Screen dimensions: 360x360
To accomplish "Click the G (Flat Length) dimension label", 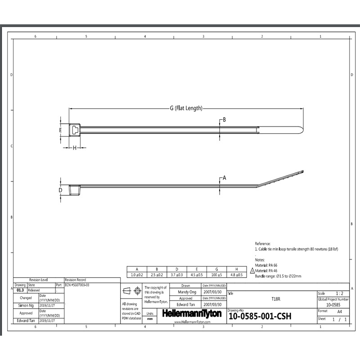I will pyautogui.click(x=186, y=108).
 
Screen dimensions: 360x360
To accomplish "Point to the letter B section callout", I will pyautogui.click(x=224, y=119).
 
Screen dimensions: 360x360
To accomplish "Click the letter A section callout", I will pyautogui.click(x=224, y=178).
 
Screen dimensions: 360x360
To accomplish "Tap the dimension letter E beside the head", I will pyautogui.click(x=60, y=130).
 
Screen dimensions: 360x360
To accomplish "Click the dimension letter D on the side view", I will pyautogui.click(x=60, y=190).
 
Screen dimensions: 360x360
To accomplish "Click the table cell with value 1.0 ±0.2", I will pyautogui.click(x=137, y=274).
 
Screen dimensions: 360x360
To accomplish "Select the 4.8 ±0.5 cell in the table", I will pyautogui.click(x=236, y=274).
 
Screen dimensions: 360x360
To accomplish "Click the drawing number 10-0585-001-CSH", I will pyautogui.click(x=260, y=316).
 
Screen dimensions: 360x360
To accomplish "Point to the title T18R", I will pyautogui.click(x=274, y=299).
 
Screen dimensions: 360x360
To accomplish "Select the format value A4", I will pyautogui.click(x=333, y=311).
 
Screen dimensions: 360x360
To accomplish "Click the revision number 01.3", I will pyautogui.click(x=20, y=290).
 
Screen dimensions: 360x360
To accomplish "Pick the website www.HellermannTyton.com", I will pyautogui.click(x=192, y=322).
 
